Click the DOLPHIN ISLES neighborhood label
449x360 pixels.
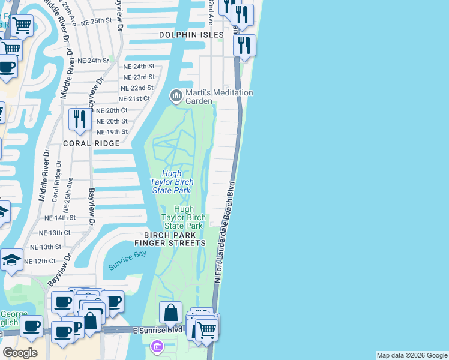[191, 35]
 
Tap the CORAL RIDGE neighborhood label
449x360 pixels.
[91, 144]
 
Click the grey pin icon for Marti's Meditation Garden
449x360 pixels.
[176, 95]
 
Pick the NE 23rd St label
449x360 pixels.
[139, 77]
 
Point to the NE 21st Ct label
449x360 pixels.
[134, 98]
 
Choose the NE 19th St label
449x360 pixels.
[112, 131]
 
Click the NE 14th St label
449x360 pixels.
[60, 218]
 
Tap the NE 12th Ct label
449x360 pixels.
[40, 261]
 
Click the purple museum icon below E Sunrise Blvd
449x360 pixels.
[157, 347]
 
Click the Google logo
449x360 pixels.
[20, 353]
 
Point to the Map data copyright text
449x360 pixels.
[412, 355]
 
